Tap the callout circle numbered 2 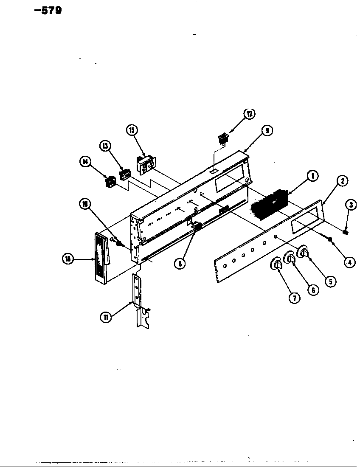tap(342, 181)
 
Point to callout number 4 tap(349, 262)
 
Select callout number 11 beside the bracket tap(105, 316)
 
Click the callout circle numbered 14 tap(85, 161)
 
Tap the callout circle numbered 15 tap(132, 130)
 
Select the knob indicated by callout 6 tap(290, 258)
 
